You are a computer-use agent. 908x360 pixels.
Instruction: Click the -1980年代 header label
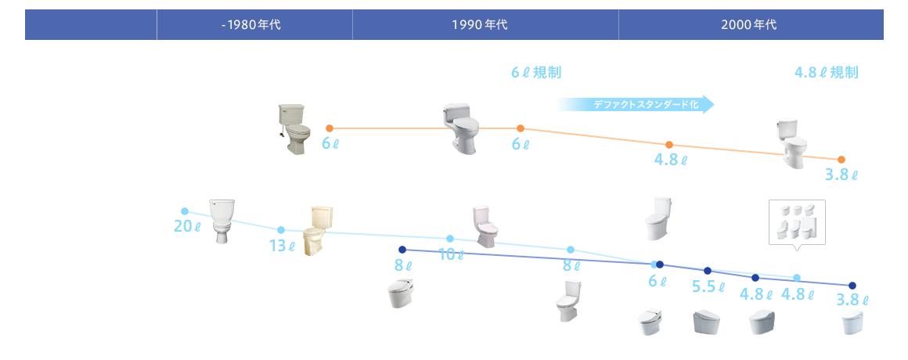250,24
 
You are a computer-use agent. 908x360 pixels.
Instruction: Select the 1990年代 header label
479,24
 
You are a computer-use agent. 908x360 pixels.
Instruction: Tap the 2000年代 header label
749,24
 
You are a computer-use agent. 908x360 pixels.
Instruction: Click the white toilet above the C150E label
222,222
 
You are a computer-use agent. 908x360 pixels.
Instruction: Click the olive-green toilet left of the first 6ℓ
295,128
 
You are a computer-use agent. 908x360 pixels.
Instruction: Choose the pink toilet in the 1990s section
485,227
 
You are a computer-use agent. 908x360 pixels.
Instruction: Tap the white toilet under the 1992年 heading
461,128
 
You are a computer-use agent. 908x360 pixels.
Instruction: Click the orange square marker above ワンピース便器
520,128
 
